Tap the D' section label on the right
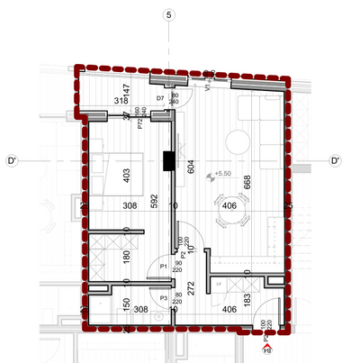[335, 162]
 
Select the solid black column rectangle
[168, 161]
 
